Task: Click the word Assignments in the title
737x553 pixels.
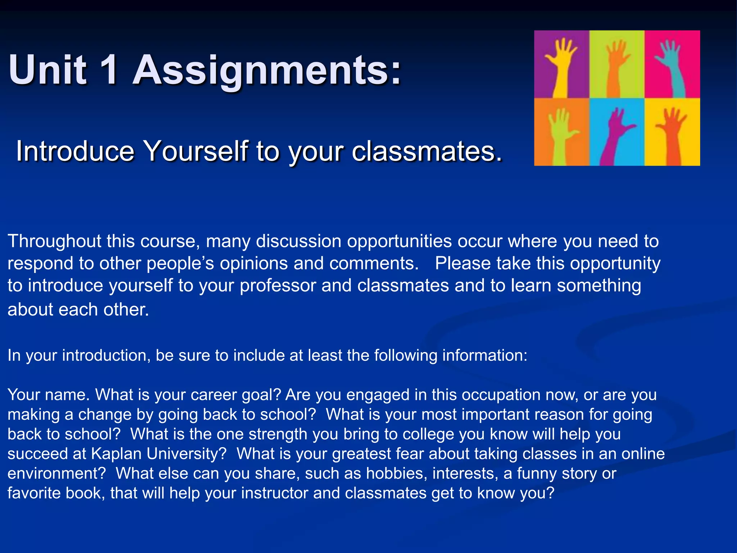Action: pos(267,70)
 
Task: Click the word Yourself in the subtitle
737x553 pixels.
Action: pos(196,151)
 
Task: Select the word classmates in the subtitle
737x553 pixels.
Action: pos(426,151)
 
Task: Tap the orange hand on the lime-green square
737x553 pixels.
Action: pos(616,68)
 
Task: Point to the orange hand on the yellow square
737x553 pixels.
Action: pos(672,133)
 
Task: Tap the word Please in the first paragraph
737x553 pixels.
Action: pos(463,264)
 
